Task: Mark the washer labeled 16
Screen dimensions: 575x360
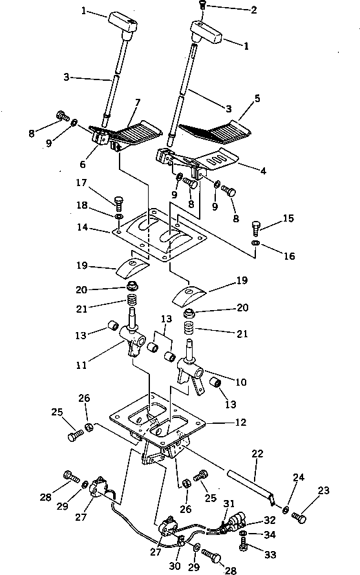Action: click(255, 243)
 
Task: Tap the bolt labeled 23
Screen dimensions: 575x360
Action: click(299, 516)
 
